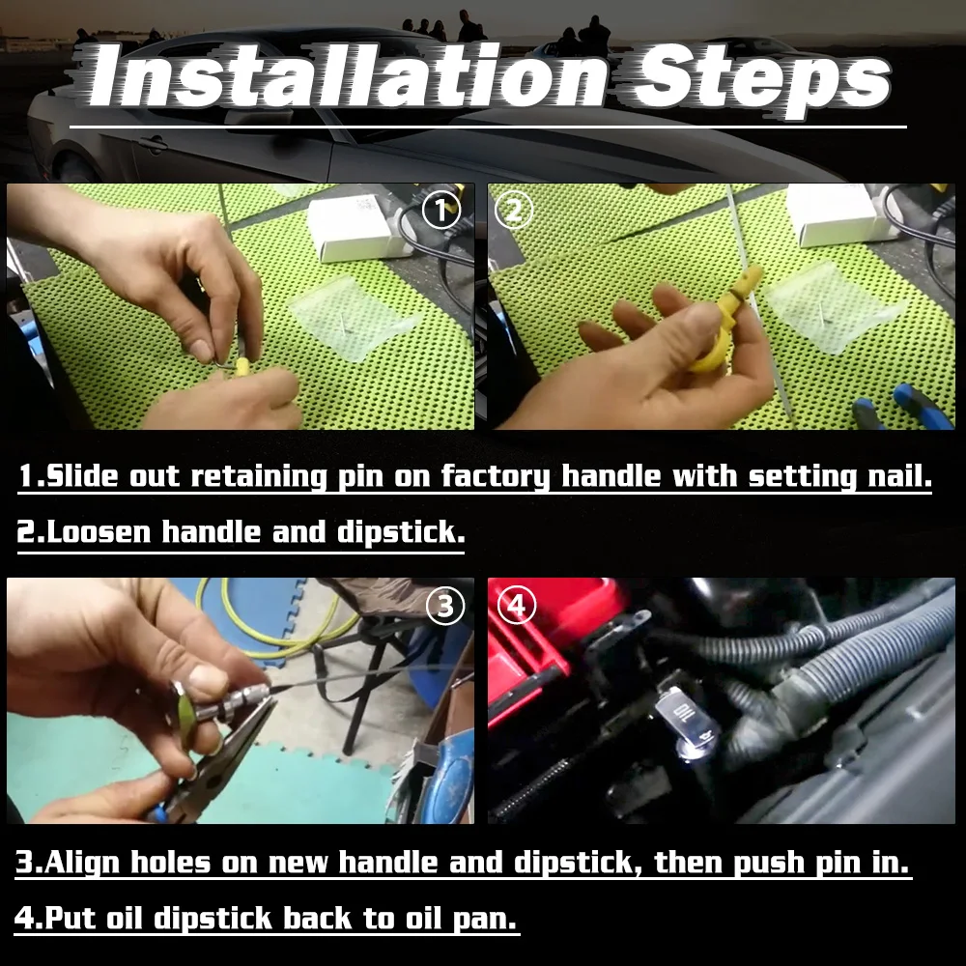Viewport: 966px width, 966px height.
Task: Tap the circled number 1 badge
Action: pyautogui.click(x=442, y=211)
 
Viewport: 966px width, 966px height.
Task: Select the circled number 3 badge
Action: pyautogui.click(x=444, y=606)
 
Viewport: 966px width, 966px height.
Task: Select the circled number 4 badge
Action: pyautogui.click(x=517, y=606)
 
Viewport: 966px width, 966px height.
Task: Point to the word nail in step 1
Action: pyautogui.click(x=893, y=477)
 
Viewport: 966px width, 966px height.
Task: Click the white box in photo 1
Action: pyautogui.click(x=353, y=227)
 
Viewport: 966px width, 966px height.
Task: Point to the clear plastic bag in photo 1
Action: pyautogui.click(x=353, y=314)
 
